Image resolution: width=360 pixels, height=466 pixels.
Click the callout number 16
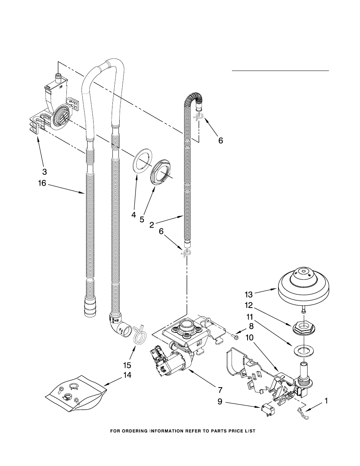point(42,183)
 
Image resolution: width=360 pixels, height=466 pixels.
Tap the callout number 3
point(45,172)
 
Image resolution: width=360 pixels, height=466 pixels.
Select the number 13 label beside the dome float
point(249,295)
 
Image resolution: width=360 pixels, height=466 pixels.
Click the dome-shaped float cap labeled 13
point(304,287)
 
